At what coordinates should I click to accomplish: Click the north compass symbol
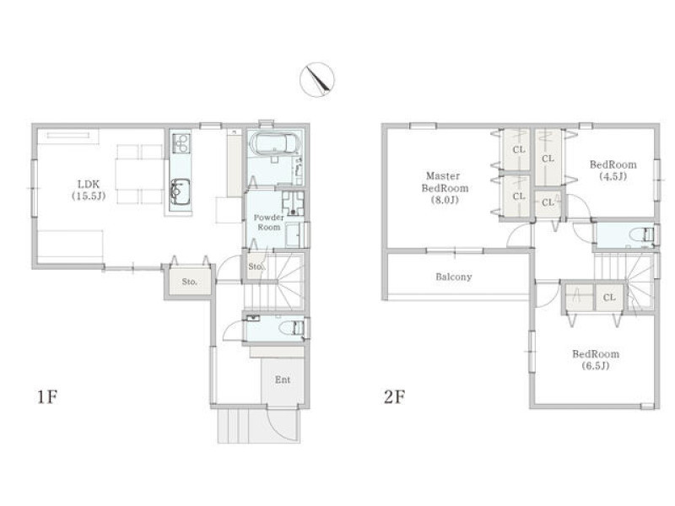click(317, 79)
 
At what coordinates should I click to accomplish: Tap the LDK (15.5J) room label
click(89, 191)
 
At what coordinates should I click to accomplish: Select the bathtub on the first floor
click(273, 143)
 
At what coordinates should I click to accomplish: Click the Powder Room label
click(268, 222)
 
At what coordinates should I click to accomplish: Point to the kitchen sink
click(181, 193)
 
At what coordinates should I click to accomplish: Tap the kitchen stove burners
click(181, 143)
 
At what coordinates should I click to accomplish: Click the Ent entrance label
click(283, 380)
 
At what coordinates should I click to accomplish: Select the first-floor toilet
click(291, 328)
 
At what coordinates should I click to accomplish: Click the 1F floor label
click(47, 396)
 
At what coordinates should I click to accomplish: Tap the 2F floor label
click(394, 396)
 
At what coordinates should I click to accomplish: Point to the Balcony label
click(454, 277)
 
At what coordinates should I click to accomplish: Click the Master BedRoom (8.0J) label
click(445, 187)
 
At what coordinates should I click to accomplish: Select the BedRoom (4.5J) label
click(613, 170)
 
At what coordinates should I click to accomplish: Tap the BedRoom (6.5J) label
click(596, 360)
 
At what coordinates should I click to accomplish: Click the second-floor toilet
click(641, 235)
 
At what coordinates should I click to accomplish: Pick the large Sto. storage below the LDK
click(190, 282)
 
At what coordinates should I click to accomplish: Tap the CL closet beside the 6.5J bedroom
click(609, 298)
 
